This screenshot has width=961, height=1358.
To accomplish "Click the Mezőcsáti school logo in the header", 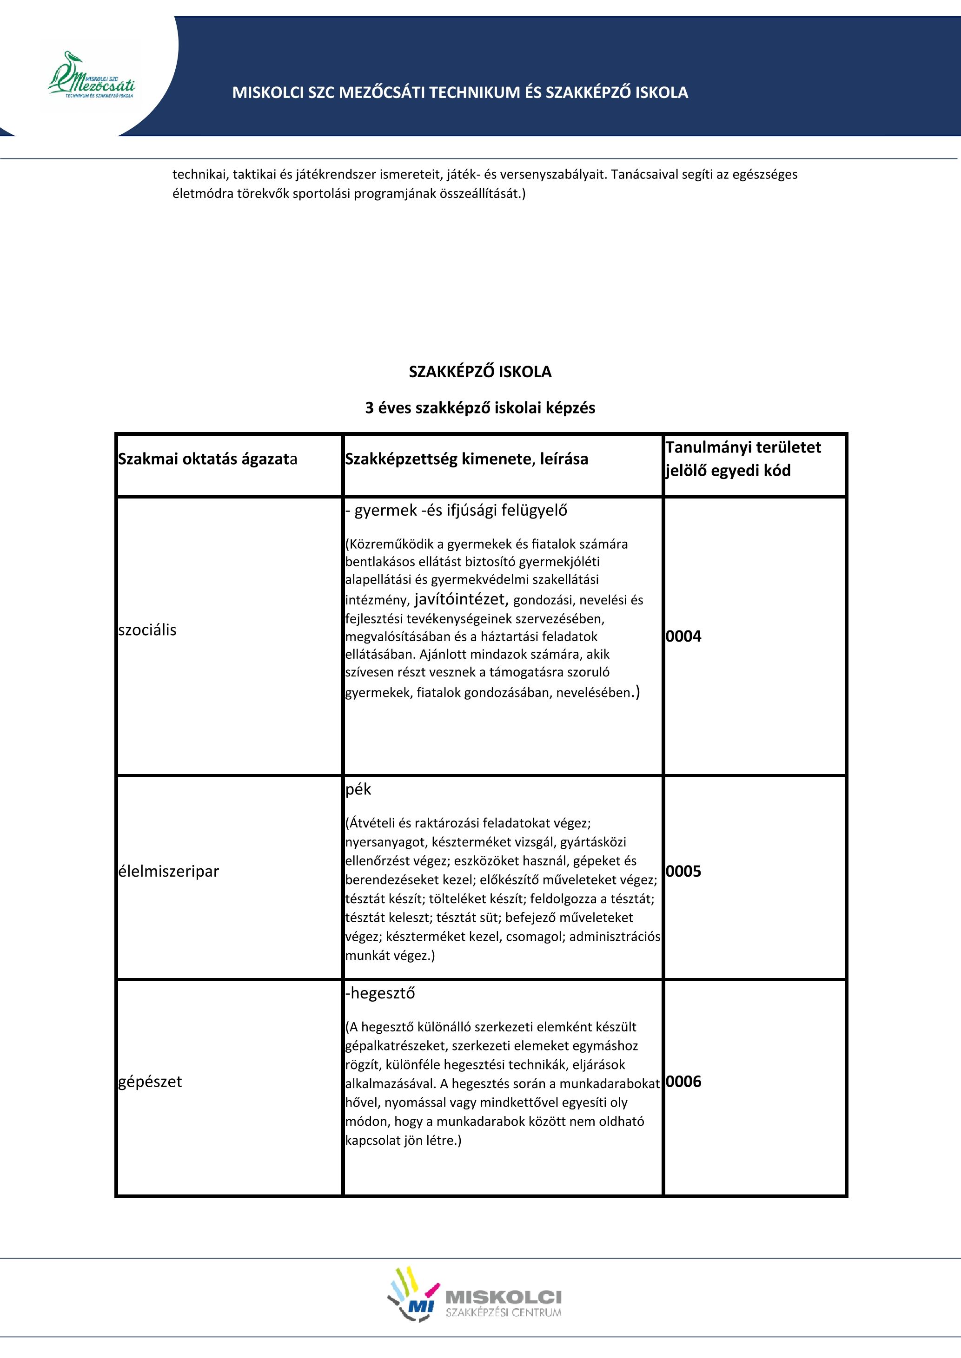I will click(91, 76).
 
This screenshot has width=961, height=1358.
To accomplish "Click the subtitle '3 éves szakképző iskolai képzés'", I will click(480, 408).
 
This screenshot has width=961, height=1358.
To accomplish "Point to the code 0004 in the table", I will click(683, 636).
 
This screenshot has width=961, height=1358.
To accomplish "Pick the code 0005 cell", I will click(683, 871).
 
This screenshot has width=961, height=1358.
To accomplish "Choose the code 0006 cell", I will click(683, 1082).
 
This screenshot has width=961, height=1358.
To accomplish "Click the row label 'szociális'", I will click(147, 630).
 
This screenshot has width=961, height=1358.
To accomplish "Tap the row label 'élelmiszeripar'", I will click(169, 871).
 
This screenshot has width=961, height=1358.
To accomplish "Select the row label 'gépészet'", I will click(150, 1082).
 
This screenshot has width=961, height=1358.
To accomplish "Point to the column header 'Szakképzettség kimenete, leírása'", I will click(466, 459).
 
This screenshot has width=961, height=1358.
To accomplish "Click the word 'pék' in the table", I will click(358, 789).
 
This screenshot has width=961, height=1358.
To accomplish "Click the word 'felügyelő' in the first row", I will click(534, 511).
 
